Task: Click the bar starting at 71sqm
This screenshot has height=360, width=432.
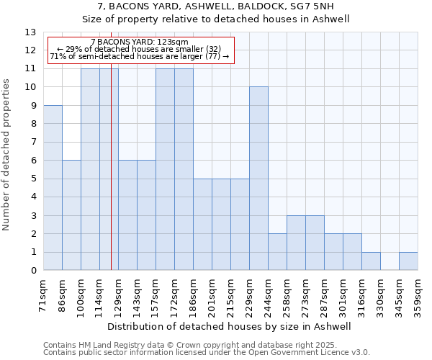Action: tap(53, 187)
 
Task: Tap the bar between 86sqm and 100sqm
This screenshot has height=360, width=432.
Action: tap(71, 215)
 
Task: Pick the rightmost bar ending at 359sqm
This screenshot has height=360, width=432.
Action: tap(408, 261)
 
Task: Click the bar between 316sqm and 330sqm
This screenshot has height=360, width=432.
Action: tap(371, 261)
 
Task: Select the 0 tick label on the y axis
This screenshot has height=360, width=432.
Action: tap(33, 271)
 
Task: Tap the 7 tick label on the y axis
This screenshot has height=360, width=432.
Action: tap(33, 142)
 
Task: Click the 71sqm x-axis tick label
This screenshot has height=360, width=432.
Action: tap(43, 294)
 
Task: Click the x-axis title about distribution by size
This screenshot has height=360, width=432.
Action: tap(230, 326)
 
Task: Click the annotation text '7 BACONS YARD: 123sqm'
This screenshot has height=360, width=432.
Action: tap(140, 42)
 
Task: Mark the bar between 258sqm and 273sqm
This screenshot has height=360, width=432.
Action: tap(296, 243)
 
